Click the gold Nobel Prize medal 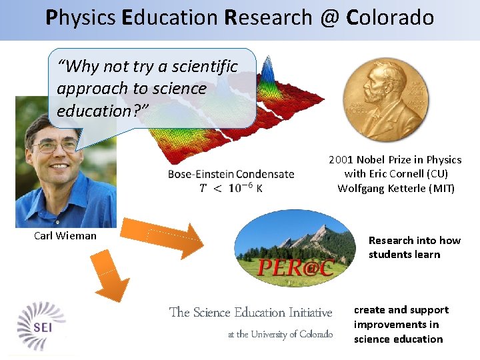385,97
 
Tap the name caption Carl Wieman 65,235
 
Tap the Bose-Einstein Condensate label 231,174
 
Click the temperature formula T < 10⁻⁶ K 231,188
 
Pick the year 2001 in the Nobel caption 341,159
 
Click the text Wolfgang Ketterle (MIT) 396,188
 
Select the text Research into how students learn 413,247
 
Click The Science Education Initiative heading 251,312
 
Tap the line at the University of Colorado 280,334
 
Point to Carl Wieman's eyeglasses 57,145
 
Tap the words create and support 401,310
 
